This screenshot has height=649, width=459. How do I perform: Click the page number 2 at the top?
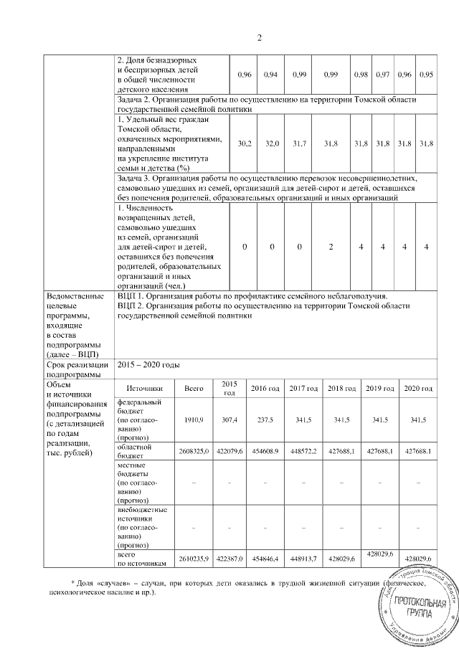[x=260, y=38]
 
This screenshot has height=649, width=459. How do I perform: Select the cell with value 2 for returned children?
[x=331, y=247]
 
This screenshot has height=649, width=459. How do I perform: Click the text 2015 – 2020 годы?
[x=148, y=365]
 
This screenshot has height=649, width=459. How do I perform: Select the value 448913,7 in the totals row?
[x=303, y=558]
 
